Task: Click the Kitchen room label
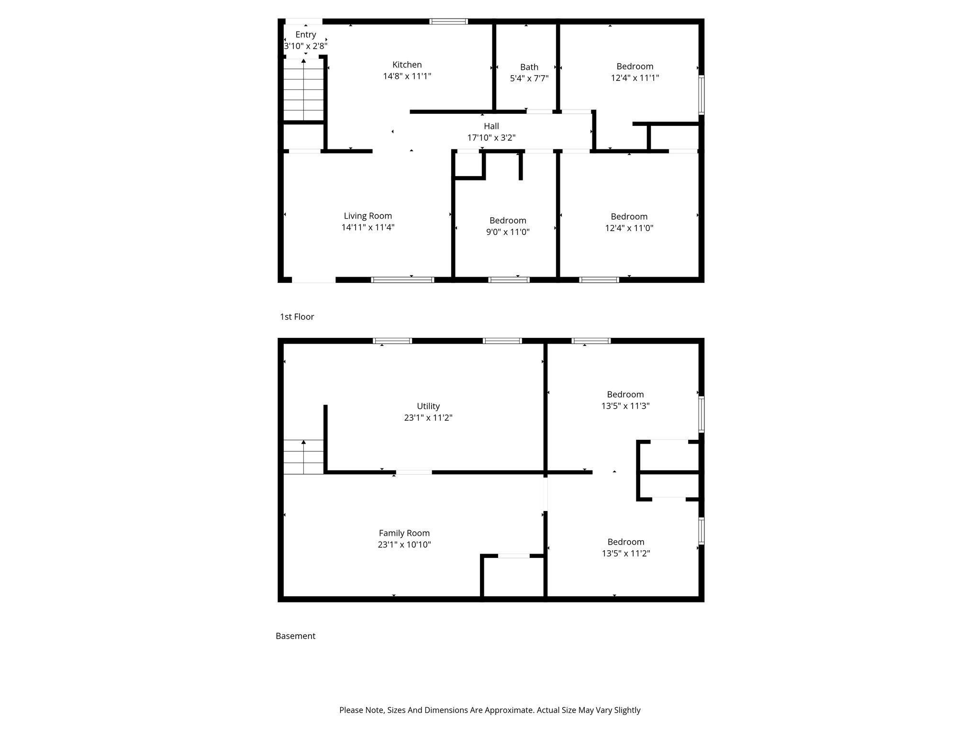point(407,65)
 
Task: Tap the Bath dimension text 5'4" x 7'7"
point(529,78)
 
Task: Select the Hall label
point(491,126)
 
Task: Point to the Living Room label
point(367,216)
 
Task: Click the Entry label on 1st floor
point(306,34)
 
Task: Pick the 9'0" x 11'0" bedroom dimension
point(508,232)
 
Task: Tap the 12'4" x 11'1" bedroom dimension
point(635,78)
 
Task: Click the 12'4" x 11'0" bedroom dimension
point(629,228)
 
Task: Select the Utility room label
point(428,406)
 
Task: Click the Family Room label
point(404,533)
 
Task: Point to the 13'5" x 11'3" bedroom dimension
point(625,406)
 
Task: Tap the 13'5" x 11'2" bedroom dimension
point(626,554)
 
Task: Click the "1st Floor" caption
point(297,317)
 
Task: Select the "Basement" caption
point(296,636)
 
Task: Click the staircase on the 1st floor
point(303,90)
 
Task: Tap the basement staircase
point(303,457)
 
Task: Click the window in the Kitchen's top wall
point(448,21)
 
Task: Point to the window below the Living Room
point(402,280)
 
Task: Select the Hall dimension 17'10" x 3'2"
point(491,138)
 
